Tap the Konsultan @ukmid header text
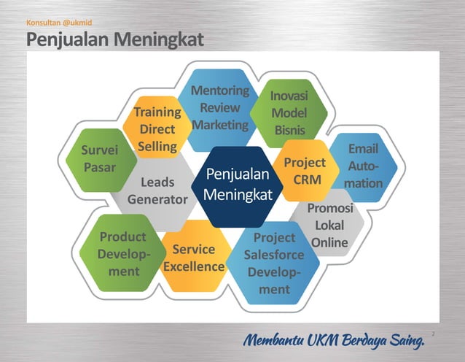pos(59,23)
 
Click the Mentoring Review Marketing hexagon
pos(219,108)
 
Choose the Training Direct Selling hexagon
pos(157,130)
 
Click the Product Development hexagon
pos(122,254)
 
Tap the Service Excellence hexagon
pos(193,258)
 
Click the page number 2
pos(433,334)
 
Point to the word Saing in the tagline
pos(405,340)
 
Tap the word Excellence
pos(193,266)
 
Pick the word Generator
pos(157,199)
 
